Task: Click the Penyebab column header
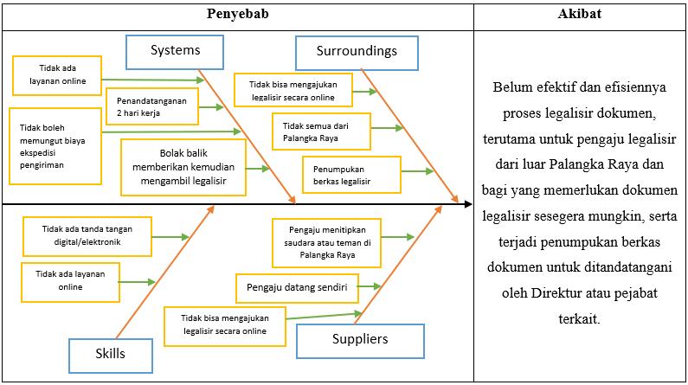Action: coord(237,15)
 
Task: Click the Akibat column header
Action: coord(581,15)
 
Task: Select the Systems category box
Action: coord(175,51)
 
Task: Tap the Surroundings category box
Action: coord(357,51)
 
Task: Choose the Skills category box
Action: coord(110,353)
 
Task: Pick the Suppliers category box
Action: coord(360,340)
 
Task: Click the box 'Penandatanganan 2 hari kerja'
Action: coord(151,106)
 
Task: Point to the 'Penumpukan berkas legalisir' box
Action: coord(350,175)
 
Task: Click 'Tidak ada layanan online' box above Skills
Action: coord(69,281)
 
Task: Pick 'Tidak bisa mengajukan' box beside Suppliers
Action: coord(225,324)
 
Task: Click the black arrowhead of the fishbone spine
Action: coord(467,205)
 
